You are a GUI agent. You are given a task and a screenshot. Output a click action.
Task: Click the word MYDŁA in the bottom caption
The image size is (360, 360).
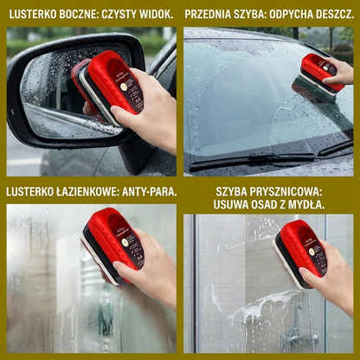click(306, 204)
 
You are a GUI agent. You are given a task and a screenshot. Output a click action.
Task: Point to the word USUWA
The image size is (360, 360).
click(231, 204)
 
